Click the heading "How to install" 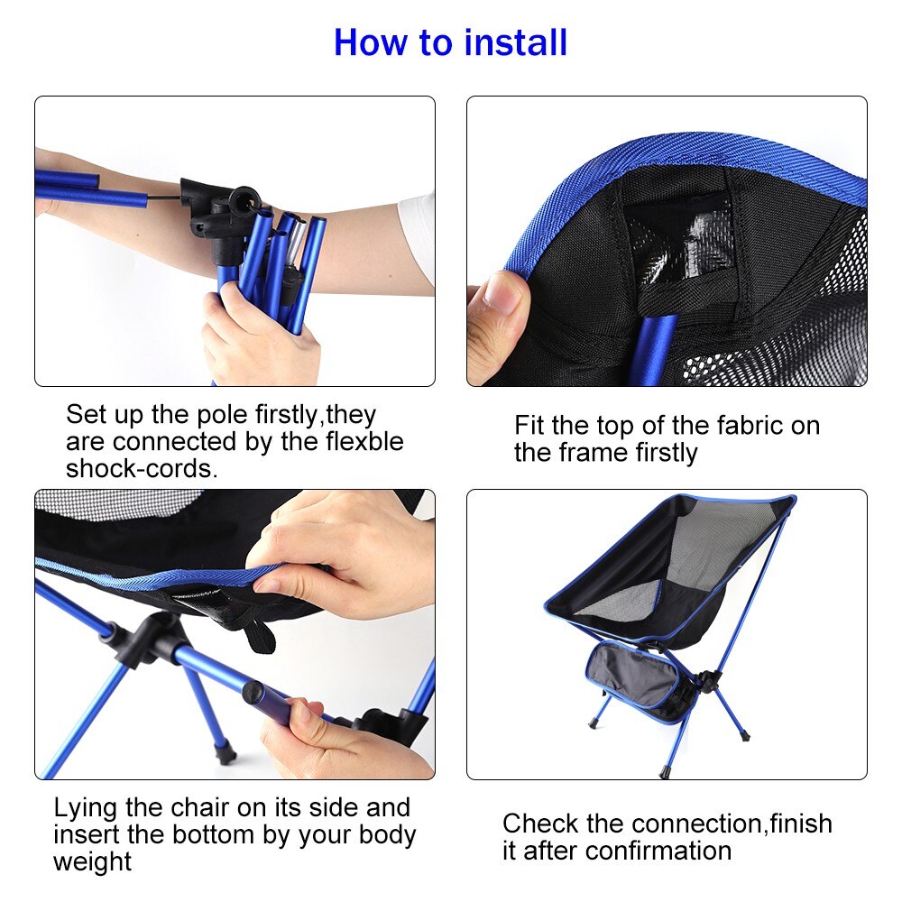450,43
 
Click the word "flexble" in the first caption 359,442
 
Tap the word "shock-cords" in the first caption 140,469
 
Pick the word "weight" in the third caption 92,861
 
